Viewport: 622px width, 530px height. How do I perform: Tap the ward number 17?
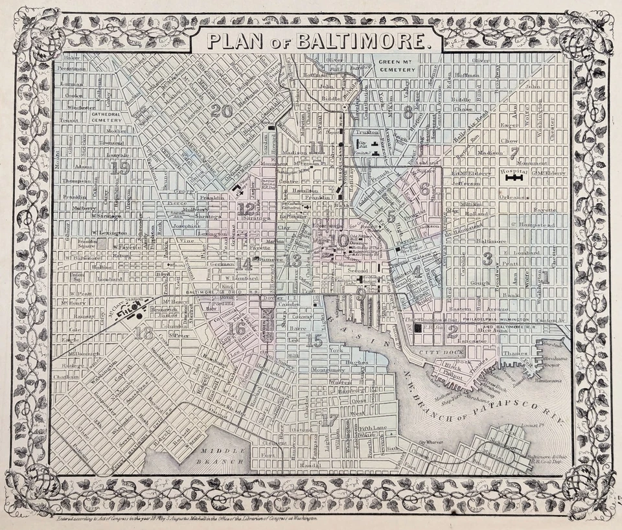[x=330, y=420]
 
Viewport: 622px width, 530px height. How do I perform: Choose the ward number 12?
[x=246, y=209]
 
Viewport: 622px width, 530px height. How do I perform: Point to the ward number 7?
[x=514, y=154]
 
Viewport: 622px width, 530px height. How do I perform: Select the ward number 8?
[x=408, y=111]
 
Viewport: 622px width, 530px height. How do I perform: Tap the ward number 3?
[x=488, y=259]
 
